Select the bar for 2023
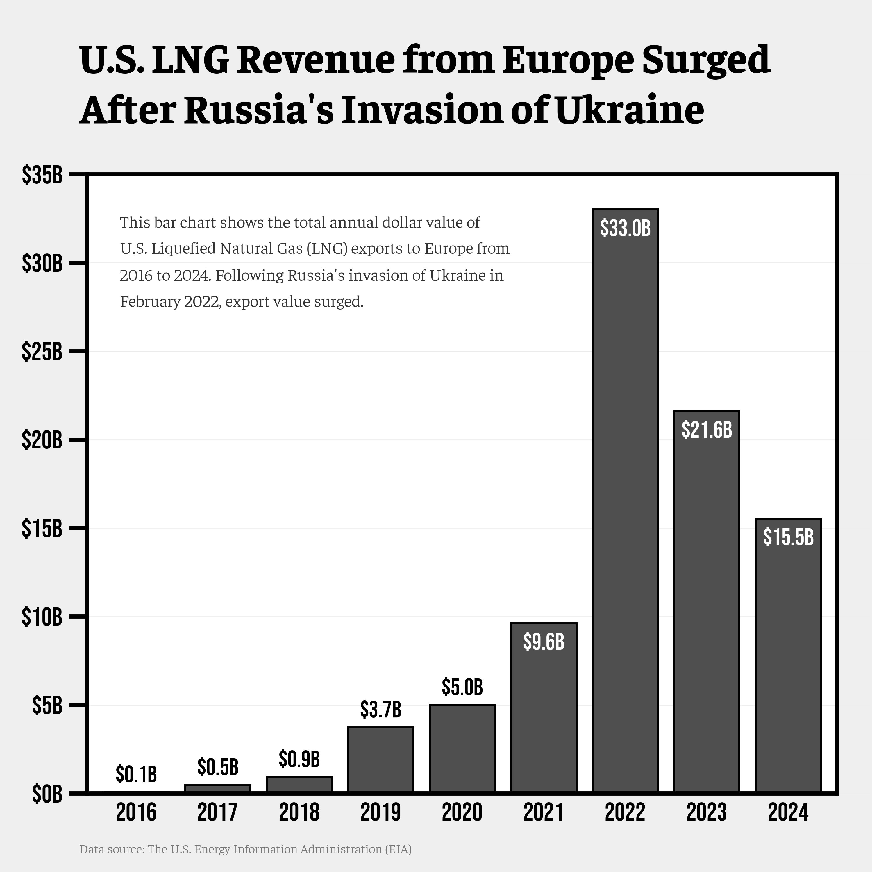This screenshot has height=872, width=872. coord(706,600)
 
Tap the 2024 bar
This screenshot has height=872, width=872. coord(788,655)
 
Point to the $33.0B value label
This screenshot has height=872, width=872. coord(625,228)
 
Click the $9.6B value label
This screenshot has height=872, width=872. coord(544,642)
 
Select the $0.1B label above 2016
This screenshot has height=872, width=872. coord(136,774)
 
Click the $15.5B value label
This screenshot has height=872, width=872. coord(788,537)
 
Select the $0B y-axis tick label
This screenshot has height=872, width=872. coord(47,794)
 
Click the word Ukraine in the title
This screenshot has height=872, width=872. coord(630,110)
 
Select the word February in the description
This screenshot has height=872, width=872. coord(150,301)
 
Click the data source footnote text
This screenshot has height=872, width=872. coord(245,849)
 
